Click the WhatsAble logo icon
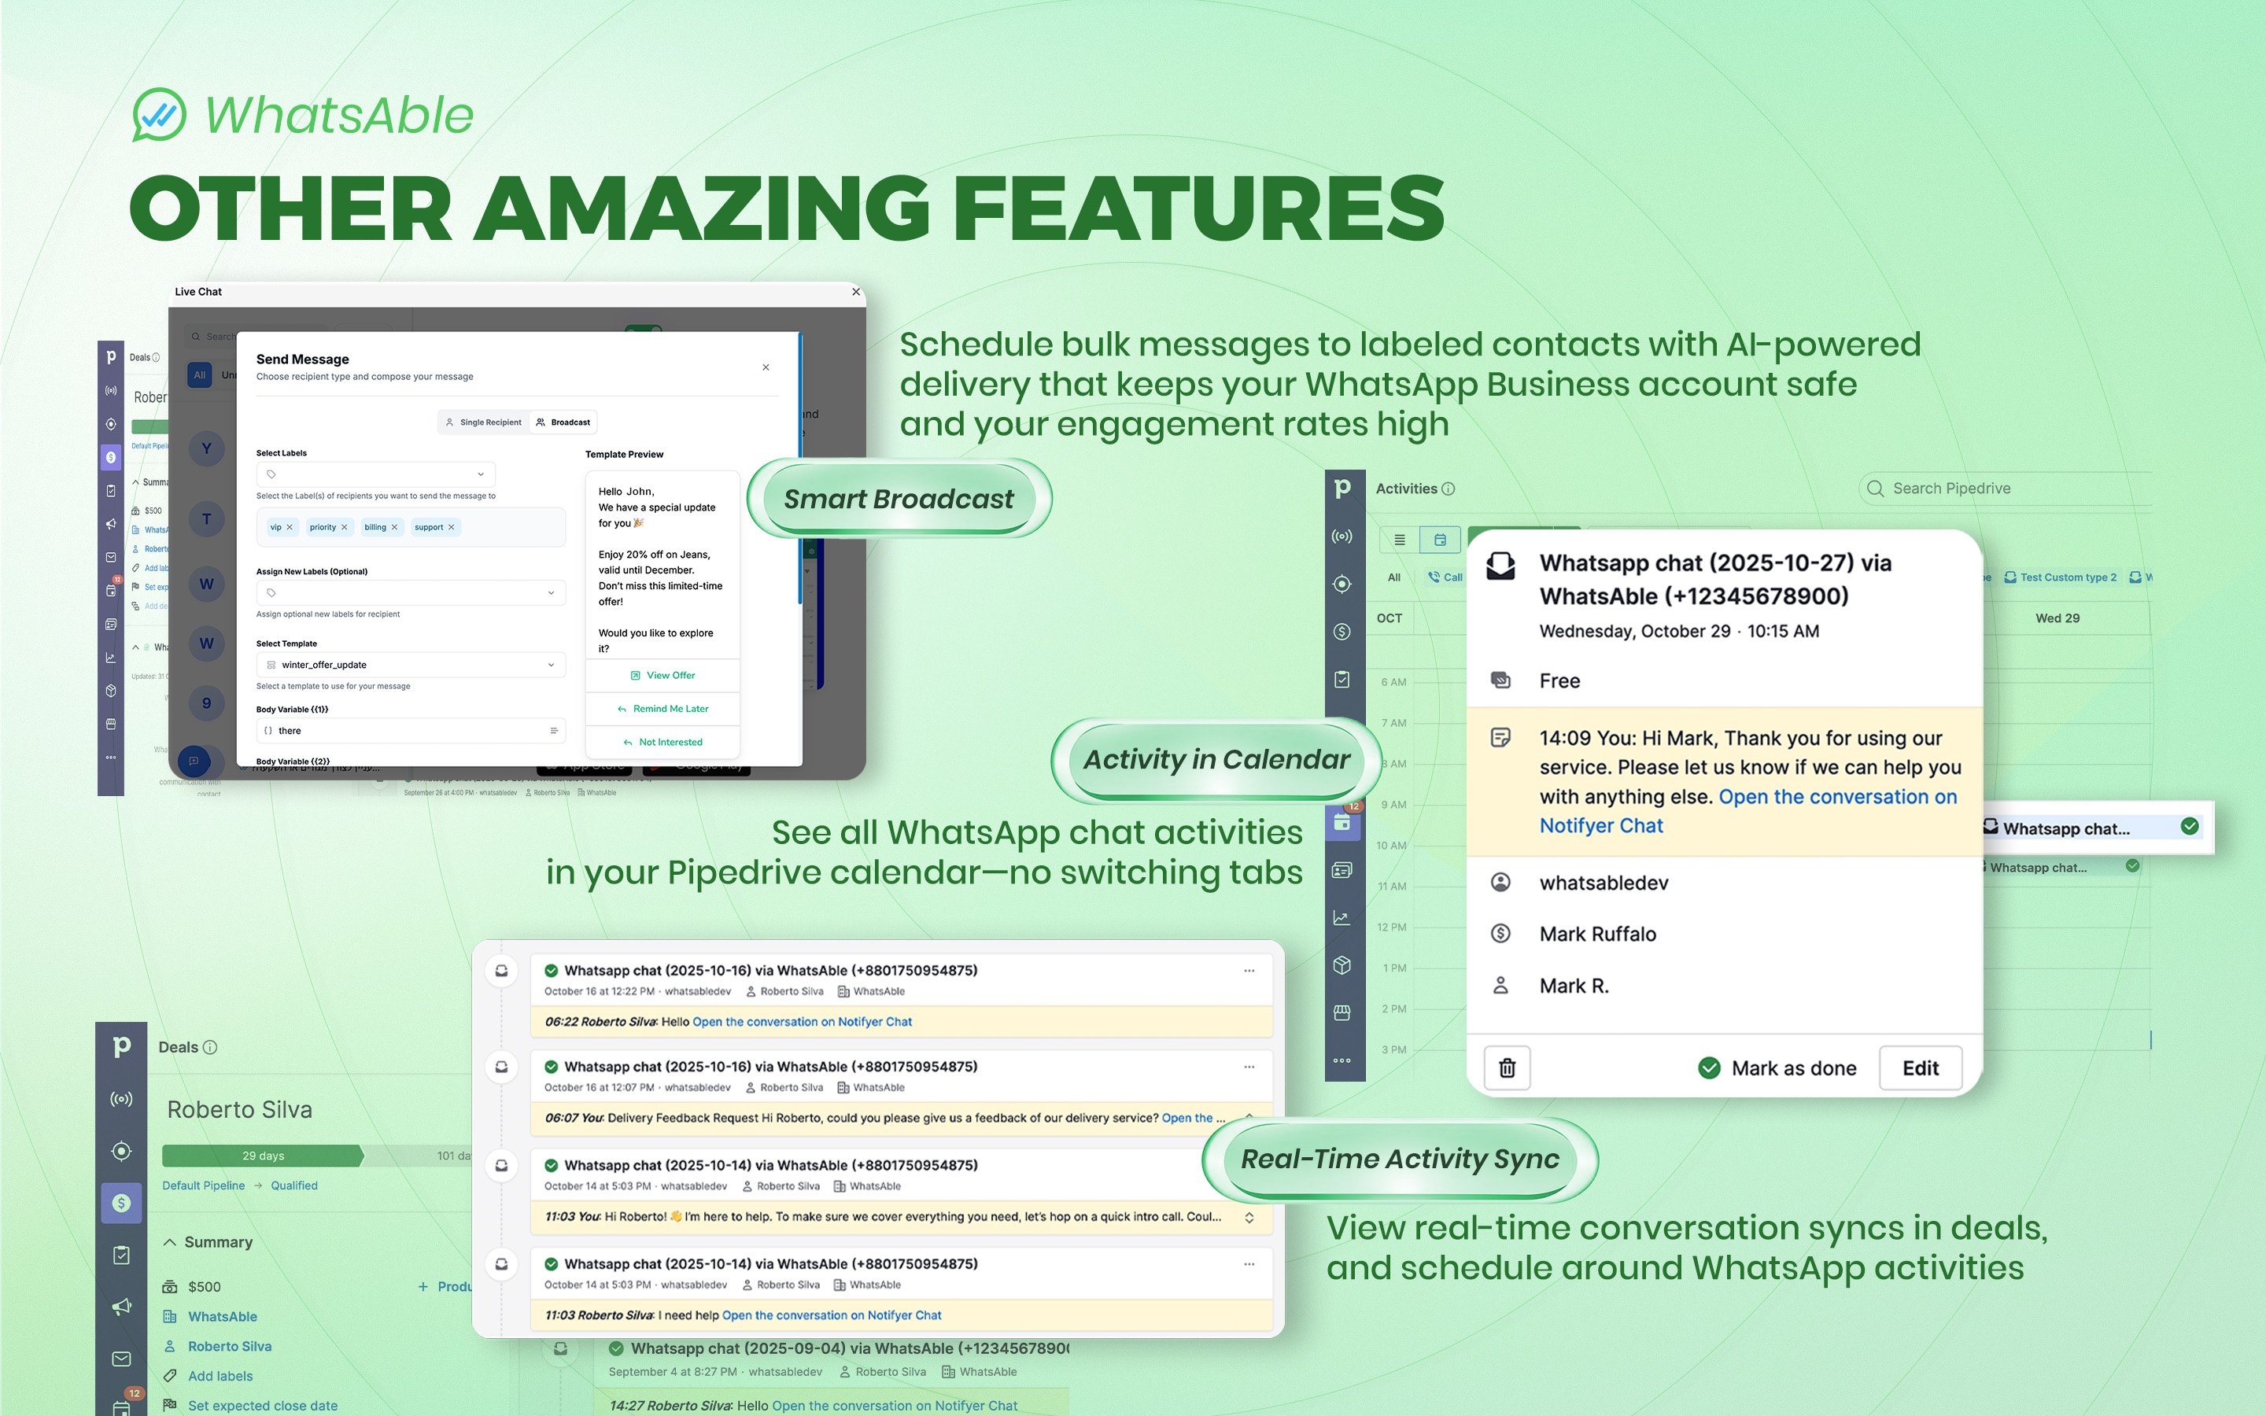[159, 114]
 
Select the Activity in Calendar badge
[1216, 759]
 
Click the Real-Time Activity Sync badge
[1399, 1160]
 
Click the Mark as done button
[1777, 1068]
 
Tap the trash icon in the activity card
[1507, 1068]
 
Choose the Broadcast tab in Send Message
[563, 422]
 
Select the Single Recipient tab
[483, 422]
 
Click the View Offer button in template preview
[663, 675]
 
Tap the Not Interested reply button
[663, 743]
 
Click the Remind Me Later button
[663, 709]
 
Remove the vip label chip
[290, 527]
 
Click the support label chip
[429, 527]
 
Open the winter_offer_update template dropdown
[410, 665]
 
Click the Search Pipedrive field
[2004, 489]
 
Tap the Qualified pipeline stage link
[294, 1186]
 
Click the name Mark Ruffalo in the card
[1597, 935]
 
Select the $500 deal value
[204, 1287]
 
